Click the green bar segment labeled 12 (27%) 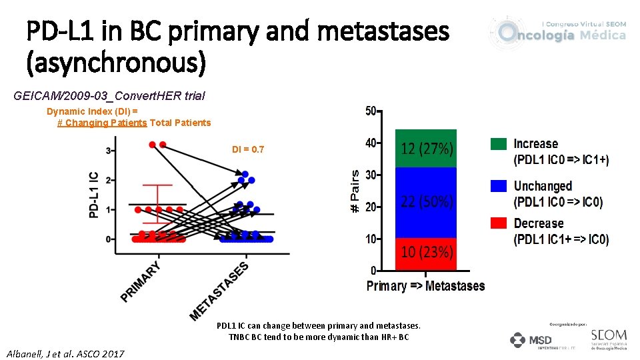point(426,148)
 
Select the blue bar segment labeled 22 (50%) point(426,201)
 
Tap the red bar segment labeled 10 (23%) point(426,253)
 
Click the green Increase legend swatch point(499,144)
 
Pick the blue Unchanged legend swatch point(499,186)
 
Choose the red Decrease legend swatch point(499,223)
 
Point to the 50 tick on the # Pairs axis point(370,111)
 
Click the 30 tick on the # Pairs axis point(370,175)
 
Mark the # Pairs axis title point(355,191)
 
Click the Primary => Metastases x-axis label point(425,286)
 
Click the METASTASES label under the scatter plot point(219,290)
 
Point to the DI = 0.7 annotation point(247,150)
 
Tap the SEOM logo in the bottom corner point(608,338)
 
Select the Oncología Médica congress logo point(559,31)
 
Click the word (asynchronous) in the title point(116,64)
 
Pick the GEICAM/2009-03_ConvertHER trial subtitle point(109,96)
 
